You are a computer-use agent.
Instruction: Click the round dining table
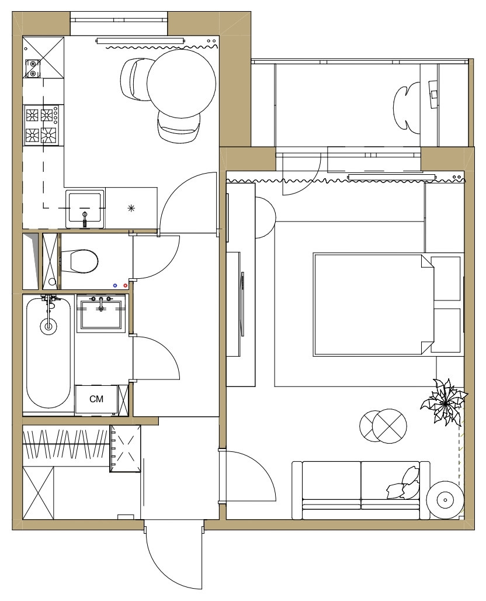[x=181, y=84]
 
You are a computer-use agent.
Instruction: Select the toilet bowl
[x=79, y=261]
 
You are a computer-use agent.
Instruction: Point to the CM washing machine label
[x=96, y=399]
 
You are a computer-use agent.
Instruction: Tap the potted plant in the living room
[x=445, y=402]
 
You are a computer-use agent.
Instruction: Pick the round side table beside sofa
[x=445, y=499]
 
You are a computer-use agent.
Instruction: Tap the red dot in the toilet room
[x=125, y=285]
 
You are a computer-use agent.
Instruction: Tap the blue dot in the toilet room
[x=115, y=285]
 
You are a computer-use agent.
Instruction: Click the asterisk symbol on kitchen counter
[x=131, y=209]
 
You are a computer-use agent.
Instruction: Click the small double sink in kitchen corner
[x=32, y=68]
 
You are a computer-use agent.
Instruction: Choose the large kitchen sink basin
[x=85, y=209]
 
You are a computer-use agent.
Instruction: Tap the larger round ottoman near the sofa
[x=390, y=426]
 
